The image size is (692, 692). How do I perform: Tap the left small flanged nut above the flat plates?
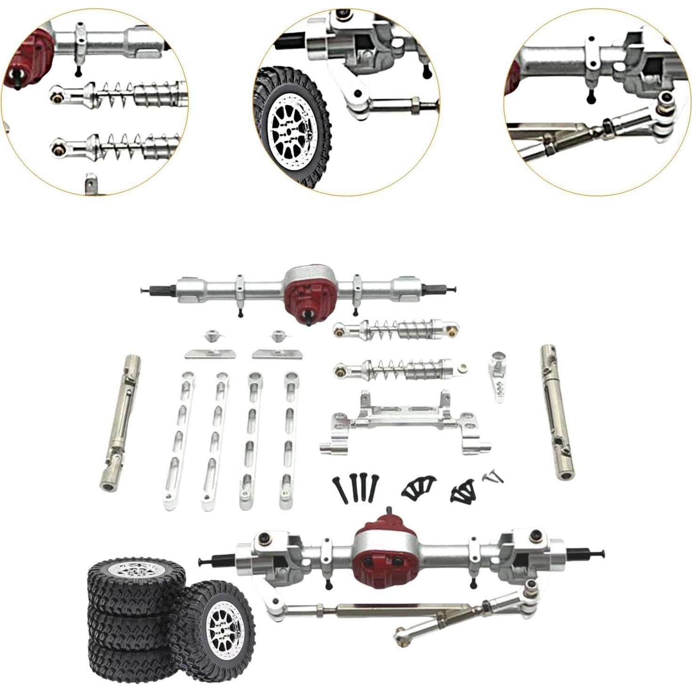[x=210, y=337]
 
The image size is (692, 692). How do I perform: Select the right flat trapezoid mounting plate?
[x=277, y=353]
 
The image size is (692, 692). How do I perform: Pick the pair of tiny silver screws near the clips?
[x=493, y=477]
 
